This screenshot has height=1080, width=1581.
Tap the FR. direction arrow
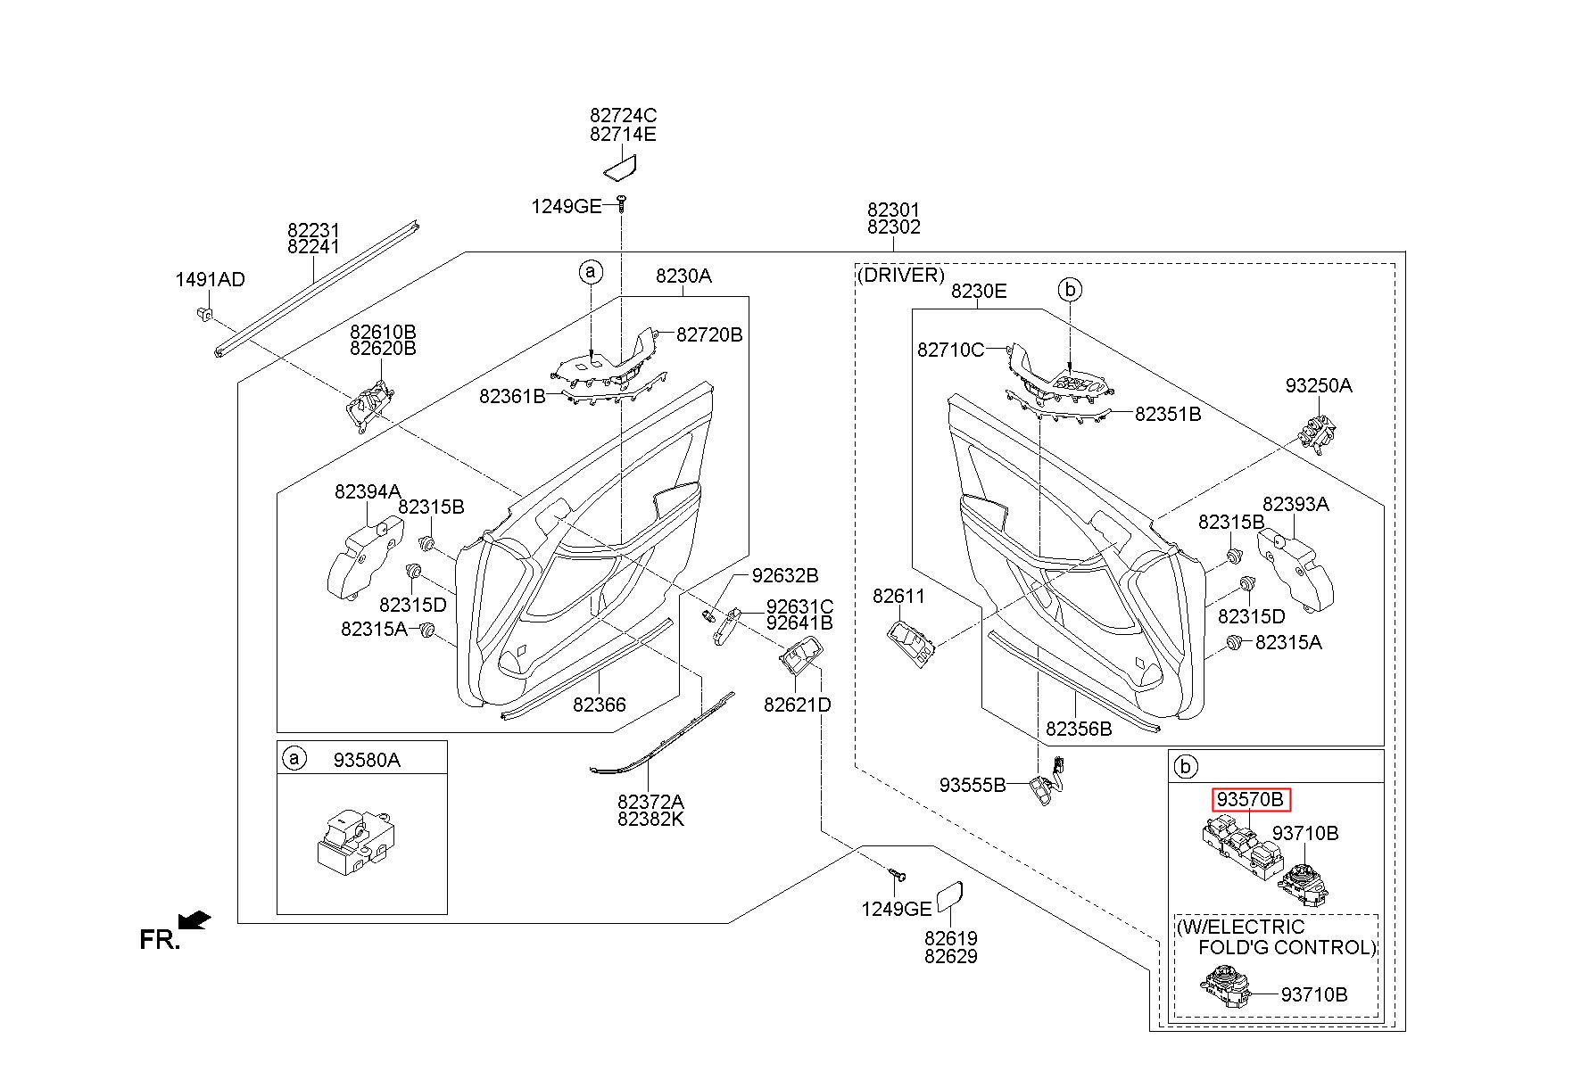tap(195, 920)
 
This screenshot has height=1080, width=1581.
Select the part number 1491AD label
tap(210, 280)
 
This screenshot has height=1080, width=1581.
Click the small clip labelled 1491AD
tap(203, 313)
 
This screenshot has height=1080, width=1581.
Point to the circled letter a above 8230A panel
tap(591, 271)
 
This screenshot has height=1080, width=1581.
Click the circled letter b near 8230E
tap(1070, 289)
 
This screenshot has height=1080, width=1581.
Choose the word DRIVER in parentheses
tap(900, 275)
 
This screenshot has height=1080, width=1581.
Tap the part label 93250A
tap(1319, 386)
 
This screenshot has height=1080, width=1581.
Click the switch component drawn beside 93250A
tap(1316, 433)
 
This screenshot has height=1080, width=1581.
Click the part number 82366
tap(600, 705)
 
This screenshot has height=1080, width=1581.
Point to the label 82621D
tap(798, 705)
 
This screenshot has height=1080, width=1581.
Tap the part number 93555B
tap(973, 786)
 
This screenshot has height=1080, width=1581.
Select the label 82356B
tap(1079, 729)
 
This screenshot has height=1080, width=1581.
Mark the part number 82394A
tap(368, 491)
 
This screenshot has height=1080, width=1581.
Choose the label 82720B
tap(709, 335)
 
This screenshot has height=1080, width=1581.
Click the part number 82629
tap(951, 957)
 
